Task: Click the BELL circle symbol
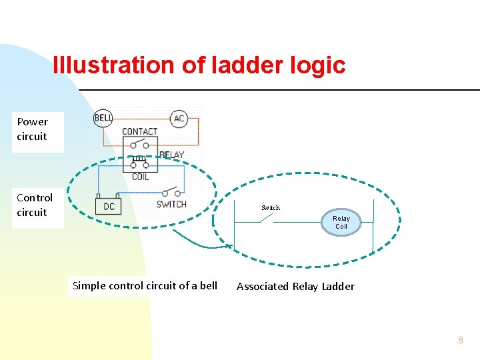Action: (103, 119)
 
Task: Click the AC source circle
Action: (179, 119)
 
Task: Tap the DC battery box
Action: (108, 206)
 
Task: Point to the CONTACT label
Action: (140, 131)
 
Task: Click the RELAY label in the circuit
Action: (171, 155)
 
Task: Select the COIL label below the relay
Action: (140, 177)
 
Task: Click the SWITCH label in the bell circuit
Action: (171, 204)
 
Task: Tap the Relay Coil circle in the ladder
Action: (341, 223)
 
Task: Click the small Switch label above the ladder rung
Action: (271, 208)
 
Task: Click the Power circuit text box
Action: (33, 129)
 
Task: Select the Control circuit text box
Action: (35, 205)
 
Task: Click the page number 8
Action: (460, 340)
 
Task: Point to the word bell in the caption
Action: (208, 286)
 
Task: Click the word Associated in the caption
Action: (262, 287)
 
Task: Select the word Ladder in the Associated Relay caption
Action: (338, 287)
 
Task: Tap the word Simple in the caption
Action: (89, 286)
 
